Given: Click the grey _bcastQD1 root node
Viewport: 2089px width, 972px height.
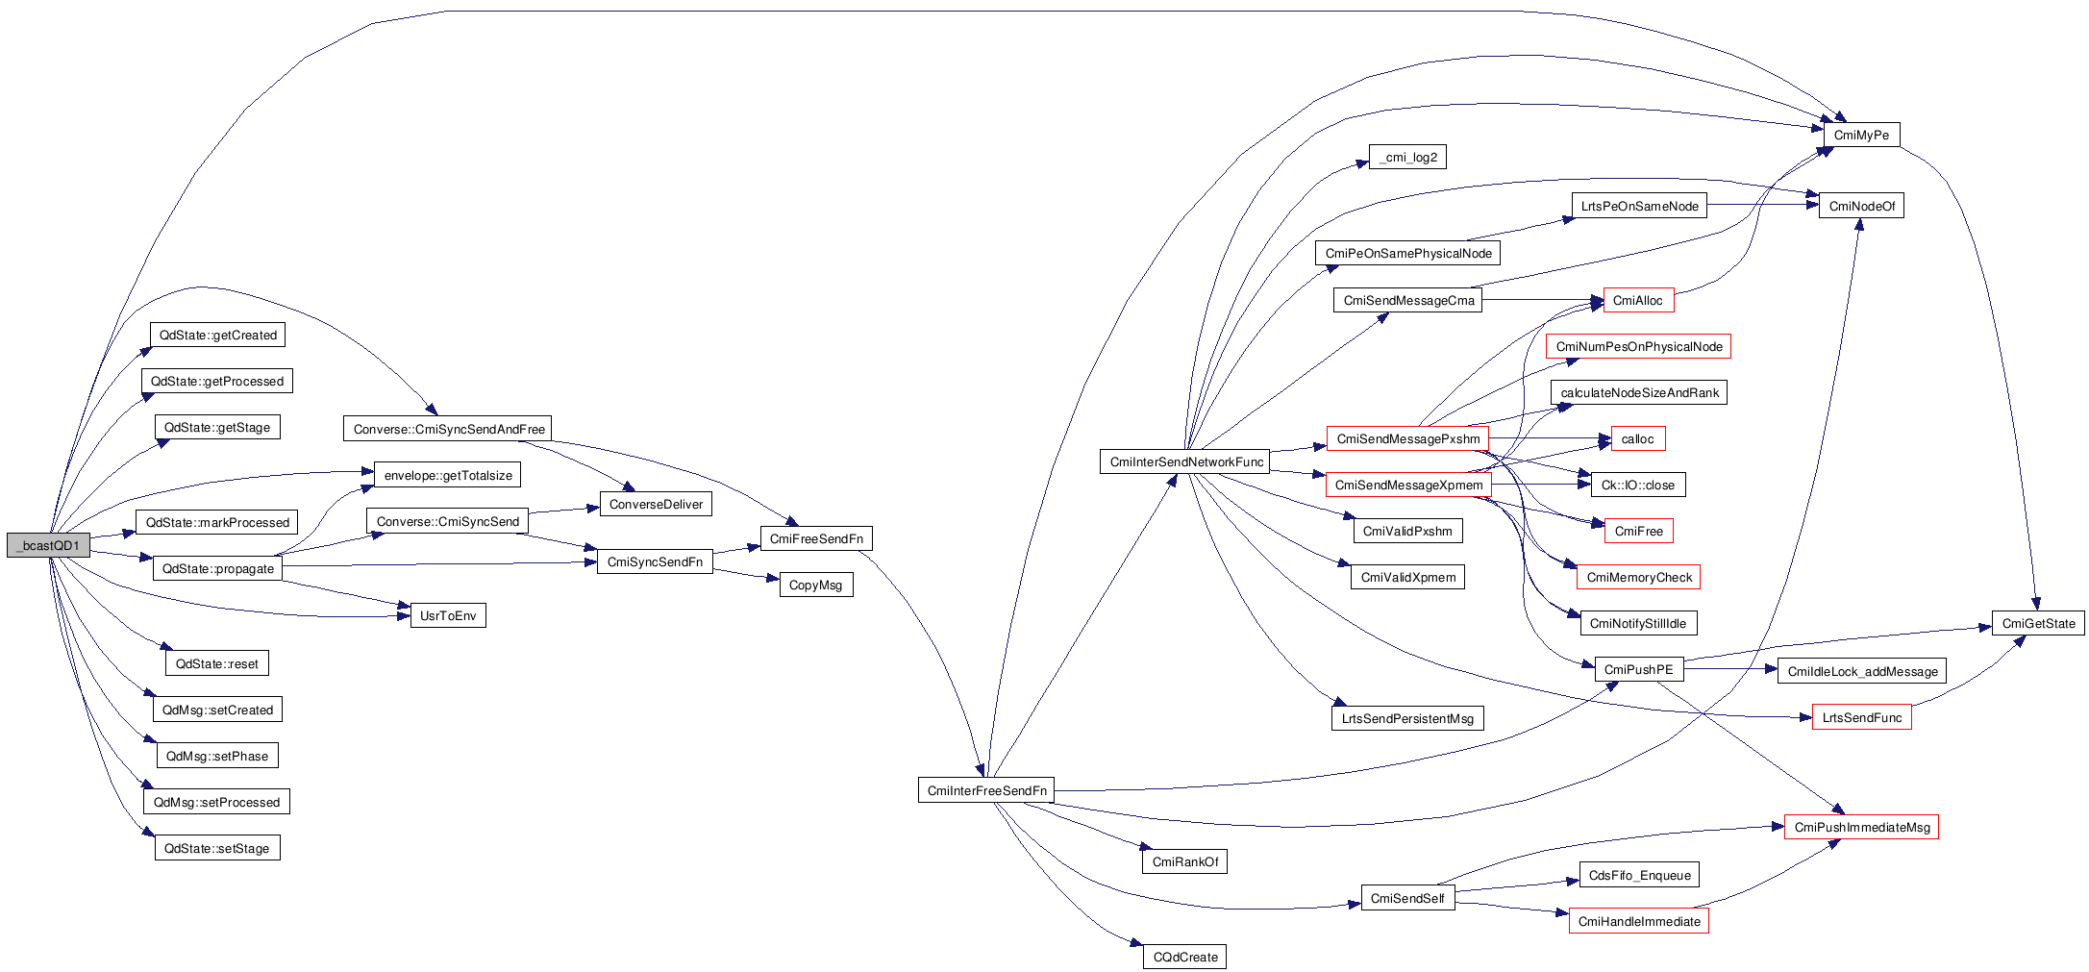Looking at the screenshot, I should coord(48,545).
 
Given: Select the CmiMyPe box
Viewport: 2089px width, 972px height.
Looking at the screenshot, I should coord(1861,136).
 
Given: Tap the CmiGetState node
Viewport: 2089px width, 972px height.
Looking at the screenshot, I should coord(2038,624).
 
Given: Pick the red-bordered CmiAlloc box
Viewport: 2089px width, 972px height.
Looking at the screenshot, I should coord(1638,301).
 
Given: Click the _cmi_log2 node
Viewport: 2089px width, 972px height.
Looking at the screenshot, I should coord(1407,158).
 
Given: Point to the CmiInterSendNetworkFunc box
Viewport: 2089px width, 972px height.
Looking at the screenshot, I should coord(1185,462).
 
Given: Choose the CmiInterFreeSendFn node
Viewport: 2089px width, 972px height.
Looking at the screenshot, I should coord(986,791).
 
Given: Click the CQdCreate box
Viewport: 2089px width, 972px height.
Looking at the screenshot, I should coord(1184,958).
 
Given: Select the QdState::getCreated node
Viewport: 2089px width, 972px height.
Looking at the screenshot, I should coord(217,336).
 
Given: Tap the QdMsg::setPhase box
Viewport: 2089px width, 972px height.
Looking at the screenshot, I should coord(217,757).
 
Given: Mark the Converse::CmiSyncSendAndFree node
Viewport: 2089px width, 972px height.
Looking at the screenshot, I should coord(448,430).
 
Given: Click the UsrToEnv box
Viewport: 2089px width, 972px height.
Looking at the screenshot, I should coord(448,616).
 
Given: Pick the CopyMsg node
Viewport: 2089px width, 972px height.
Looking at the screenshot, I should coord(815,586).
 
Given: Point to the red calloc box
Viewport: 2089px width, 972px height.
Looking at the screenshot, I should coord(1637,439).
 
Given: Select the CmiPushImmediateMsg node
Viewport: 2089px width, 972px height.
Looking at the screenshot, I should coord(1861,828).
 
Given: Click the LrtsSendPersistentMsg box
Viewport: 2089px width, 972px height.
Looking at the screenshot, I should coord(1407,719).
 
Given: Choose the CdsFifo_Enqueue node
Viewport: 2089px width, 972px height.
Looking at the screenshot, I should coord(1639,876).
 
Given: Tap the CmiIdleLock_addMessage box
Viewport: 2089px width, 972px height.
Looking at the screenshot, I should coord(1862,672).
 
